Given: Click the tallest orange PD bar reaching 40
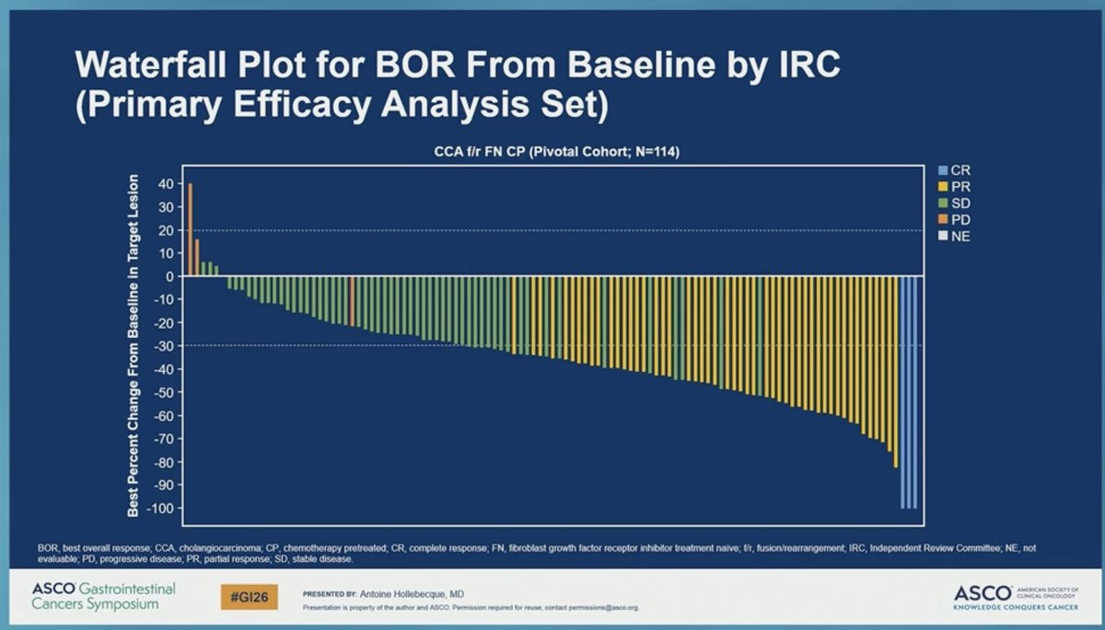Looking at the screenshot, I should point(190,230).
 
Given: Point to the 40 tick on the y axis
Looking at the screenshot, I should point(165,183).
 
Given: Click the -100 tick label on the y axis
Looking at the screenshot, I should point(159,508).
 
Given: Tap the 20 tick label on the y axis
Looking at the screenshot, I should point(165,230).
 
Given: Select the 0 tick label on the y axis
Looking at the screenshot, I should point(169,276).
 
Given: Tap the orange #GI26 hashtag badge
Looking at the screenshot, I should point(250,597).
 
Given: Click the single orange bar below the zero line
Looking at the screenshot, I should point(352,300).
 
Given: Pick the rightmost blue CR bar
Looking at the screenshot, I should point(913,391).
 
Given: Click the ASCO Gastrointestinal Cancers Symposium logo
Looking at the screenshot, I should point(103,596).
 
